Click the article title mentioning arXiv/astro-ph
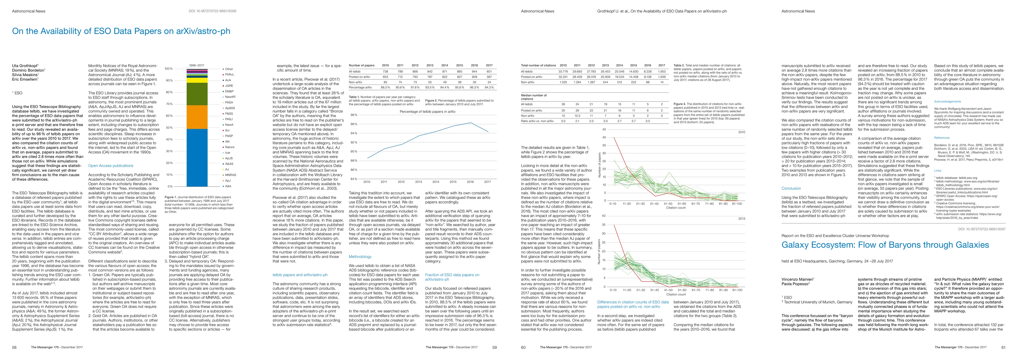click(121, 31)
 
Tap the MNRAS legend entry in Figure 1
click(230, 175)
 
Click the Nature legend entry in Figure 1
click(229, 147)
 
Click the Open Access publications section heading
click(111, 166)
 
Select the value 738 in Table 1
click(386, 71)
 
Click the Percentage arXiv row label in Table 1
click(360, 87)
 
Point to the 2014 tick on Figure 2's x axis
click(435, 182)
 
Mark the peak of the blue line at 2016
click(470, 123)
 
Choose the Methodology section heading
click(360, 256)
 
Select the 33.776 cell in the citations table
click(563, 71)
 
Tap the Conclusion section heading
click(791, 188)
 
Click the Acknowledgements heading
click(947, 102)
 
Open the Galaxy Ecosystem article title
click(885, 245)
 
